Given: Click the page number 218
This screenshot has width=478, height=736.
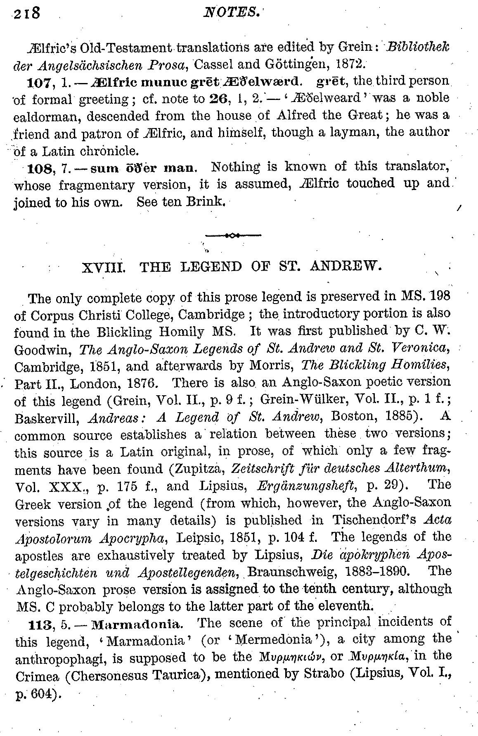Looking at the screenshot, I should coord(26,14).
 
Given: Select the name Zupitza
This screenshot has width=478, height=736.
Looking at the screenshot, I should coord(194,469).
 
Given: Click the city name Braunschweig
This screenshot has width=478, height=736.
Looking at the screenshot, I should coord(289,573).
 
